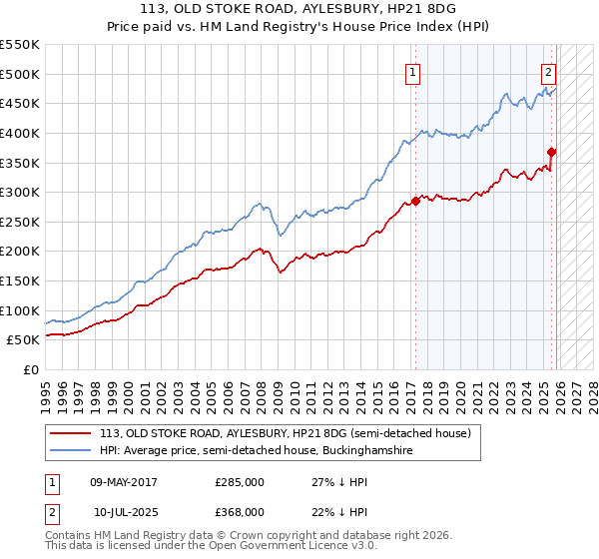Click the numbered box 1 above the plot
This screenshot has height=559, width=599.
pos(412,71)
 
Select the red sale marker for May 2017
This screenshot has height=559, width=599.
pos(415,201)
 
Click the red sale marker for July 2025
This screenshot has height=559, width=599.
pos(552,152)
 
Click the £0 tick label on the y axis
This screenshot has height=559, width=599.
pos(30,369)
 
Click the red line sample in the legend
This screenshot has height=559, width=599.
pos(70,433)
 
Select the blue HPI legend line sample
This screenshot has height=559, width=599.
pos(70,451)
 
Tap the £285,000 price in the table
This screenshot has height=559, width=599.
pos(239,482)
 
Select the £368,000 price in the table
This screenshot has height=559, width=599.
pos(239,511)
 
